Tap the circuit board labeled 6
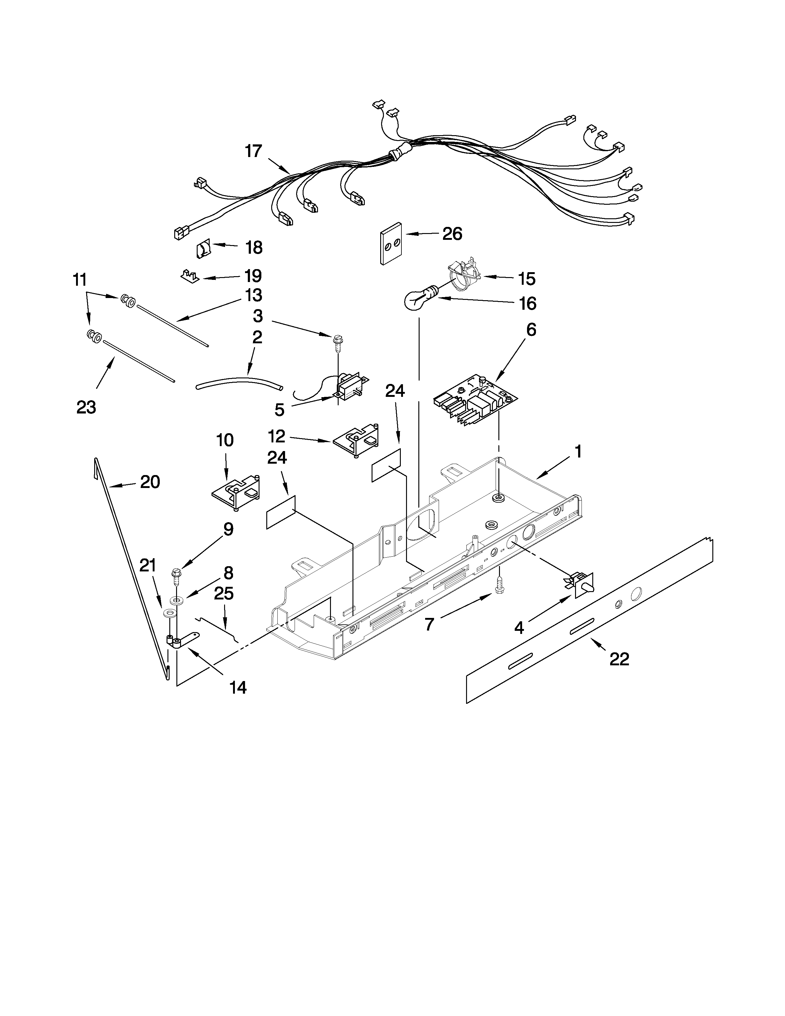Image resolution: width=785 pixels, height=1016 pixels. click(x=475, y=400)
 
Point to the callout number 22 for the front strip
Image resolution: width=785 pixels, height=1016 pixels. click(x=619, y=659)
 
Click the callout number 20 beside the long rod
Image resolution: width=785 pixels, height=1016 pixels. click(x=150, y=482)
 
